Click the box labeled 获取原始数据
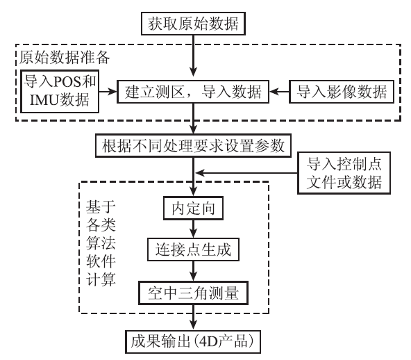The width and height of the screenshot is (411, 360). click(x=193, y=24)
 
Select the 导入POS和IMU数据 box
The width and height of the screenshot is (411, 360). click(x=60, y=91)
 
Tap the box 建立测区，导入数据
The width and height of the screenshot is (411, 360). click(x=193, y=92)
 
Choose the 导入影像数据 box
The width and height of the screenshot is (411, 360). click(x=342, y=92)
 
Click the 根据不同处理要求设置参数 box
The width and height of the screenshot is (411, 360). click(x=193, y=146)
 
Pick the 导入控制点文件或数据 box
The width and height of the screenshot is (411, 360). click(x=344, y=173)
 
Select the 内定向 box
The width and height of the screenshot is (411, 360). click(x=193, y=208)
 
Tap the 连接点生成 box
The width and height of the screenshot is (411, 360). click(x=193, y=249)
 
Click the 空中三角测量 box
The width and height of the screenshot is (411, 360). click(x=193, y=293)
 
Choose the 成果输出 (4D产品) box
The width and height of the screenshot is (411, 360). click(x=193, y=342)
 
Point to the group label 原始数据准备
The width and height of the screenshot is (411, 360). click(x=65, y=57)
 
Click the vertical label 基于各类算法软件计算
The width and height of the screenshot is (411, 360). click(x=101, y=243)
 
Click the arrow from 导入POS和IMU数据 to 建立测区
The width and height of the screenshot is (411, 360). click(x=108, y=92)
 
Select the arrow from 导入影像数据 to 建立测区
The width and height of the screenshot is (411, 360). click(x=279, y=92)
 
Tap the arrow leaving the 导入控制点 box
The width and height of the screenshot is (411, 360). click(x=246, y=173)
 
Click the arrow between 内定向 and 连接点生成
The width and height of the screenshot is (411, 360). click(x=193, y=229)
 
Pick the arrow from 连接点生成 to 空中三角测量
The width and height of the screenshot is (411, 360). click(x=193, y=271)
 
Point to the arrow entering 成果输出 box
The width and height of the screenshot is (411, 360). click(x=193, y=318)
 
